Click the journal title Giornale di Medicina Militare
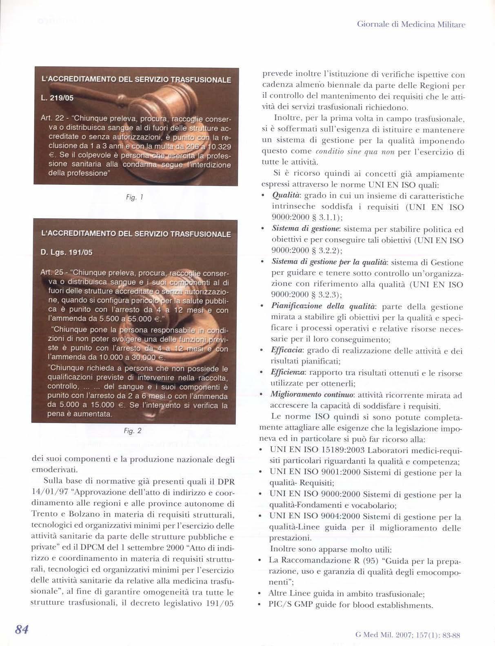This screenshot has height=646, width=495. point(411,24)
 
